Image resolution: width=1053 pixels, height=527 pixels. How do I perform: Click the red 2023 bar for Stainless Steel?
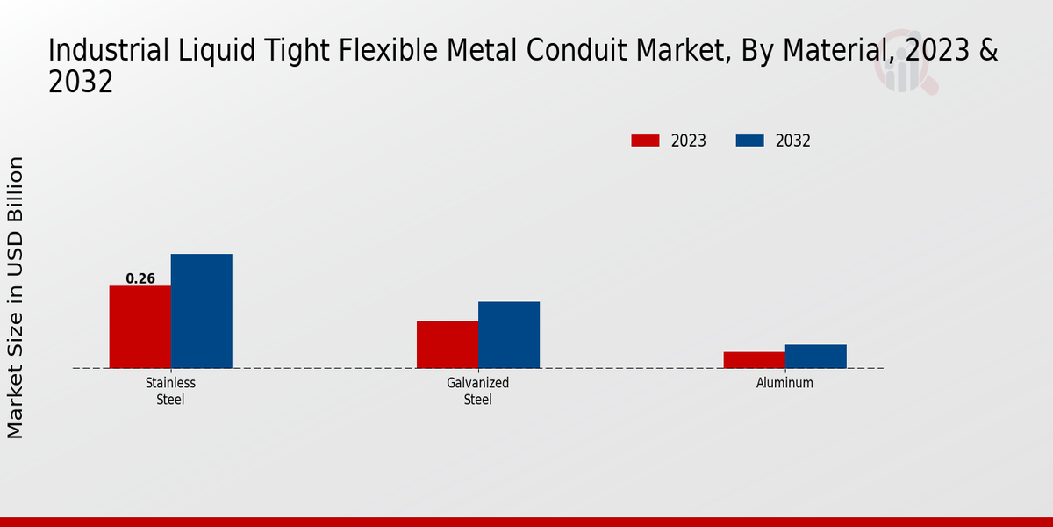click(140, 327)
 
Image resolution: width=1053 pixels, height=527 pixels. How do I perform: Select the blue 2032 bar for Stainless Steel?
click(201, 311)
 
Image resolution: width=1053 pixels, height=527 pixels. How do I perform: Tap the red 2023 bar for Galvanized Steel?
click(448, 344)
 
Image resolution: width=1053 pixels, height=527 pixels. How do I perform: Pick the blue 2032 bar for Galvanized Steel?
click(509, 335)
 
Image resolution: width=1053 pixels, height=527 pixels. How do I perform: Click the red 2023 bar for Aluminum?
click(755, 360)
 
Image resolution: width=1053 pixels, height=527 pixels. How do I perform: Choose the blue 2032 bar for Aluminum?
click(816, 357)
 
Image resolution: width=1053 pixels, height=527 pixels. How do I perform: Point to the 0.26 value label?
click(140, 279)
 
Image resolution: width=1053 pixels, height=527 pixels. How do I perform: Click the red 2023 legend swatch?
click(645, 141)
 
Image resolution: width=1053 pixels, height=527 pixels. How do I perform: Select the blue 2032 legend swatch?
click(749, 141)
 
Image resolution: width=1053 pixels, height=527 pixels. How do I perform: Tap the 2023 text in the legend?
click(689, 141)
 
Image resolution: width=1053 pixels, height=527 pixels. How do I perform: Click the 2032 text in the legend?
click(793, 141)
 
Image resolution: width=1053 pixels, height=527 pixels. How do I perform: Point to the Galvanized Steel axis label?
click(477, 391)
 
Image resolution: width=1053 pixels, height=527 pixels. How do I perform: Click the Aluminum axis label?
click(784, 383)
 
